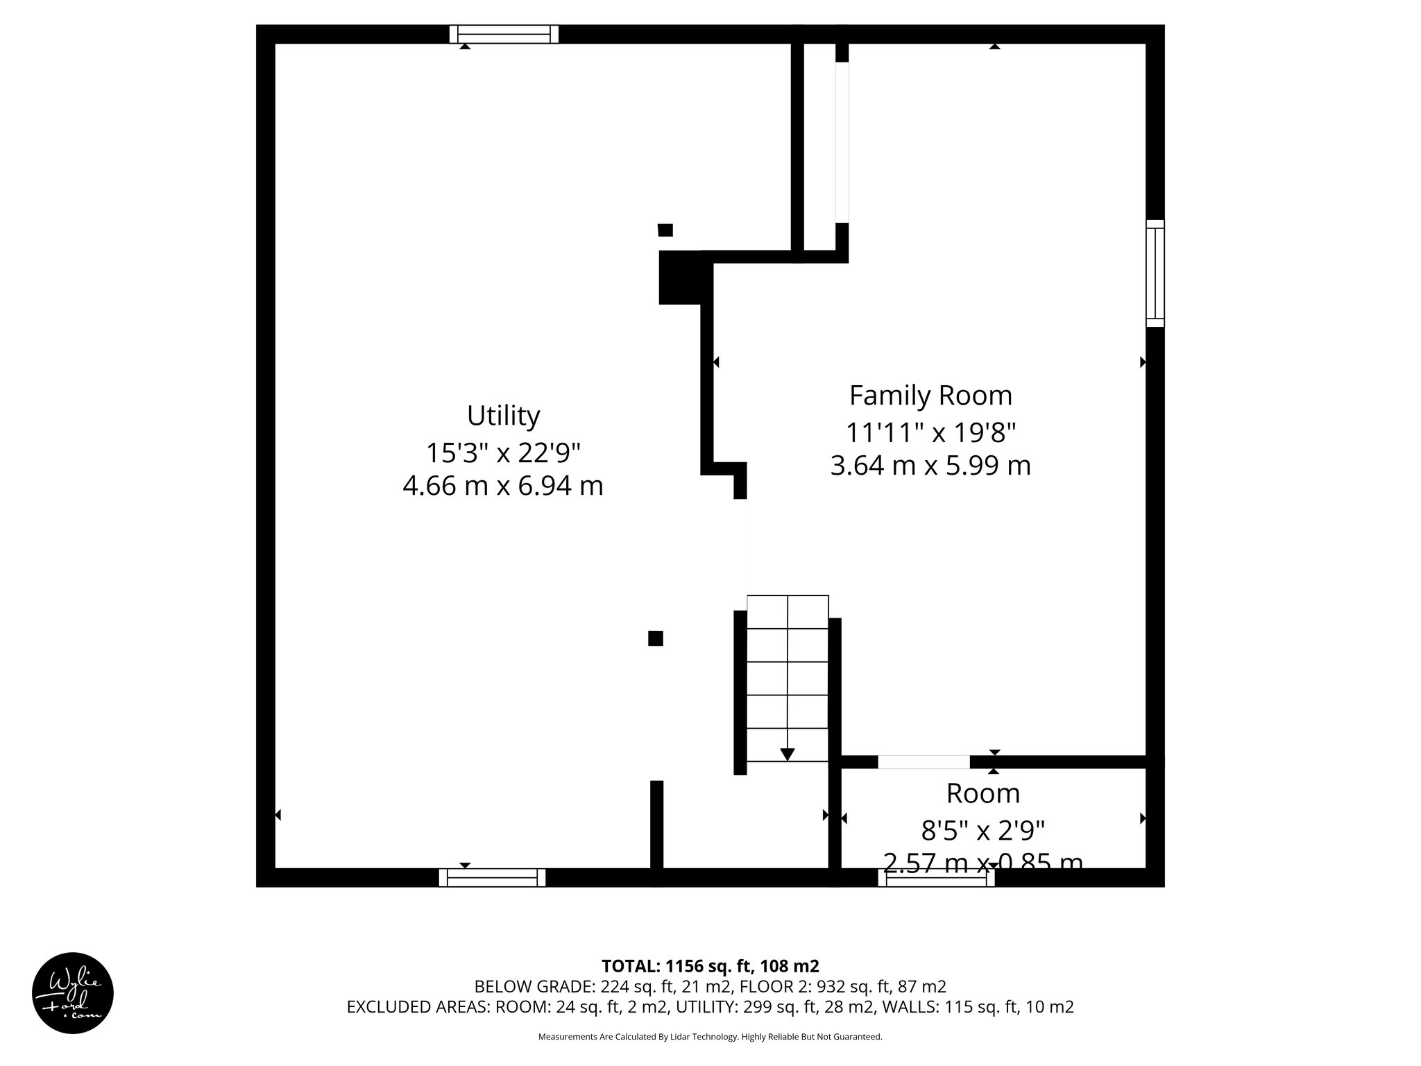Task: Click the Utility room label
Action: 503,416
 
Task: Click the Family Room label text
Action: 930,396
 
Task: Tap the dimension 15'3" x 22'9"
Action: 503,453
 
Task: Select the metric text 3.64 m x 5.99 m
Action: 930,465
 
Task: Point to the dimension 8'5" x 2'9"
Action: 982,829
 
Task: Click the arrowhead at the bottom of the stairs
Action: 788,754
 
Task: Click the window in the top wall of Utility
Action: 504,34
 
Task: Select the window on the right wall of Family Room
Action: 1155,273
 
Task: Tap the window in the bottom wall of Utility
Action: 492,878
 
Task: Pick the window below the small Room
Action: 936,879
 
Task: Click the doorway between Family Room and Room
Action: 924,762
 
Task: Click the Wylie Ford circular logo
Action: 73,992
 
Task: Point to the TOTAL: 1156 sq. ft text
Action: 710,966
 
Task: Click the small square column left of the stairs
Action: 655,638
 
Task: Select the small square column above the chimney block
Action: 665,230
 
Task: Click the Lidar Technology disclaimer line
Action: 710,1037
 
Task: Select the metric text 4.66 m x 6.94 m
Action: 503,486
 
